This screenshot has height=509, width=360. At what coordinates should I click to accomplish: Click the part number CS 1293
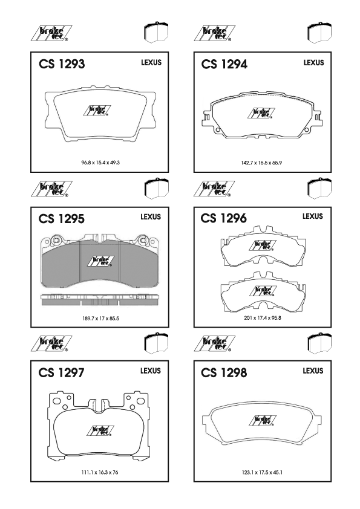(62, 64)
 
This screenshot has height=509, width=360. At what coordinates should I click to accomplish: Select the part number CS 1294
(224, 64)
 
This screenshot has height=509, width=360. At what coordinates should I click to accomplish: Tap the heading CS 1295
(61, 219)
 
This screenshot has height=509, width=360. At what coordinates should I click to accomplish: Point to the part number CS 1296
(223, 218)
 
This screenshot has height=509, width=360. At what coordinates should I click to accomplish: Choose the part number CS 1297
(61, 372)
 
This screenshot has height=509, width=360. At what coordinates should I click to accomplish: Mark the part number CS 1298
(224, 372)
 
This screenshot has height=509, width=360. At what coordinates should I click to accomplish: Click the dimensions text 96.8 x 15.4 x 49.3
(100, 162)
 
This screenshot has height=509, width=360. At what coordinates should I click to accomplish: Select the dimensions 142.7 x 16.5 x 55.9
(261, 163)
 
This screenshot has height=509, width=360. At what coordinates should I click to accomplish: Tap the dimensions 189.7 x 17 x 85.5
(100, 319)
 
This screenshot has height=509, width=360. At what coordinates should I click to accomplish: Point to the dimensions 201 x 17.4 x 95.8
(263, 318)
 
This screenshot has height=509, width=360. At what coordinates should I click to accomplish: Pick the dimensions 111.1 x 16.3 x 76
(100, 472)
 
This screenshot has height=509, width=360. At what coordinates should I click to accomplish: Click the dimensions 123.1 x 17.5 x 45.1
(262, 472)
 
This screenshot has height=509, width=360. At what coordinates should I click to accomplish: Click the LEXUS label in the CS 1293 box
(151, 63)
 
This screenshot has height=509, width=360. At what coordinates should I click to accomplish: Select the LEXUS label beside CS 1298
(313, 371)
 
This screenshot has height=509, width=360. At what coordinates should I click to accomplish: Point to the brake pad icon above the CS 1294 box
(319, 33)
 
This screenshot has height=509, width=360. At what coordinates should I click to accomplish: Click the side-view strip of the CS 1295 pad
(100, 300)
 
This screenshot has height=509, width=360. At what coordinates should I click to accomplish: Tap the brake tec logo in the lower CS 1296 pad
(263, 291)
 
